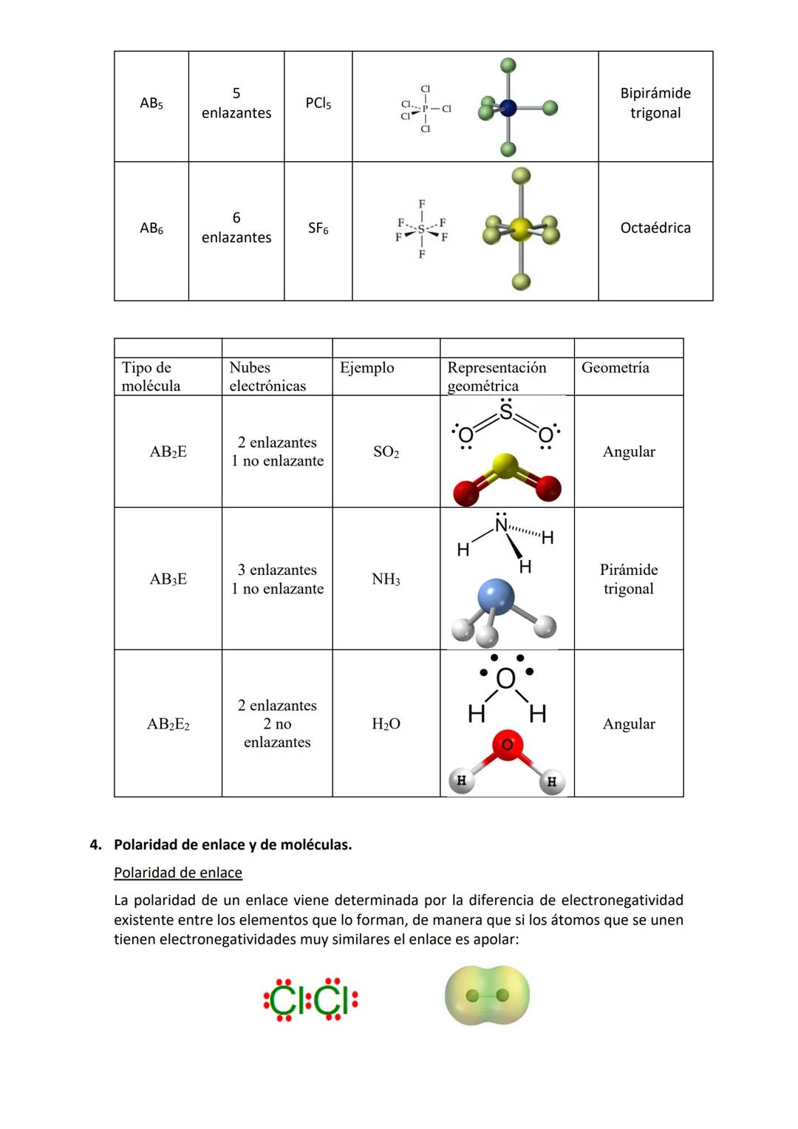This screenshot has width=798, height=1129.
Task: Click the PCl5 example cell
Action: point(318,103)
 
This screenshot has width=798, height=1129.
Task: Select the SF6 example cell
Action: point(318,229)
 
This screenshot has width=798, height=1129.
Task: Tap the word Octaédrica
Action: point(655,228)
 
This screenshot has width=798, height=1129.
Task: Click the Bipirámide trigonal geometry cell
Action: point(655,103)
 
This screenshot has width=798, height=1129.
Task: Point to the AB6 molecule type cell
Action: point(151,229)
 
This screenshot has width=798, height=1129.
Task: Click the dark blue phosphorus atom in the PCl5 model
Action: point(508,108)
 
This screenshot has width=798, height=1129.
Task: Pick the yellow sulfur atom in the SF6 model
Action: point(521,229)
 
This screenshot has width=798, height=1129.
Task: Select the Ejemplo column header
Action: point(367,368)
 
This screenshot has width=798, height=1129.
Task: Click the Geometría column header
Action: point(615,368)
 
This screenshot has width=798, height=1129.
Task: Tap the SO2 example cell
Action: point(386,452)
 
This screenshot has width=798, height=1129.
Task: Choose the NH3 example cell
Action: point(386,579)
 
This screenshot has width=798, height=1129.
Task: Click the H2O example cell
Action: point(386,724)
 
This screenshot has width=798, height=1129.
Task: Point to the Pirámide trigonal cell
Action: point(629,579)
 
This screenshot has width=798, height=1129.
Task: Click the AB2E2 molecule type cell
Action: point(168,724)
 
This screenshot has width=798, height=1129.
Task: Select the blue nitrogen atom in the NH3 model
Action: point(496,596)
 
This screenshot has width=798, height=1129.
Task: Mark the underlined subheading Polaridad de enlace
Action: point(178,873)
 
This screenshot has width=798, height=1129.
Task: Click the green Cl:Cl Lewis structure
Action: point(311,1000)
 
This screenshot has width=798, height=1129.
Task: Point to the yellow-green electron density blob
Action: point(487,996)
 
